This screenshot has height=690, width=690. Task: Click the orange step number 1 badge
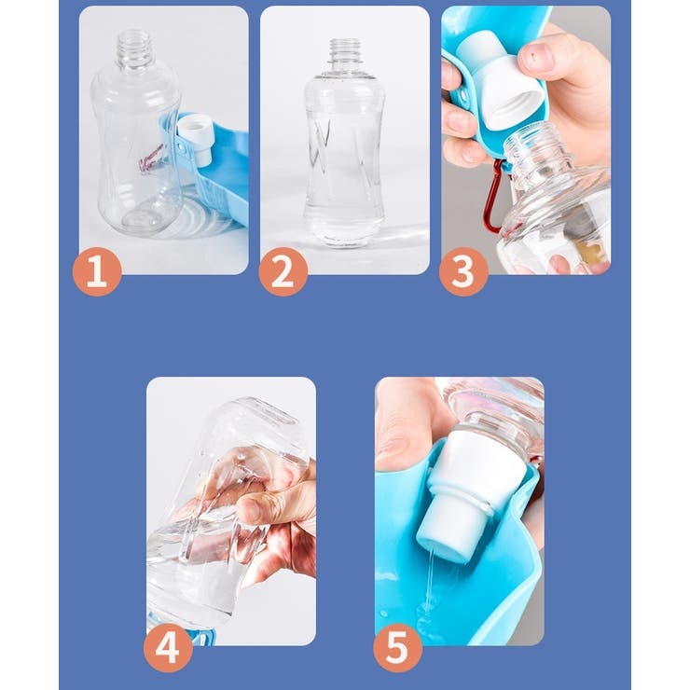[97, 271]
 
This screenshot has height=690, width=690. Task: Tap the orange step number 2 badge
[283, 271]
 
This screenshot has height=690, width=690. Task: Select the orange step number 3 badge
[463, 271]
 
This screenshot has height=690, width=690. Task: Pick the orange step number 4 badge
[168, 647]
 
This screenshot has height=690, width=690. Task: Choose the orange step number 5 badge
[398, 647]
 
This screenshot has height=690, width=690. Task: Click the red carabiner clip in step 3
[495, 198]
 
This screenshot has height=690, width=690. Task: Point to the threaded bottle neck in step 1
[134, 48]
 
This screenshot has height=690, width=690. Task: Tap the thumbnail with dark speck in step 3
[535, 56]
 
